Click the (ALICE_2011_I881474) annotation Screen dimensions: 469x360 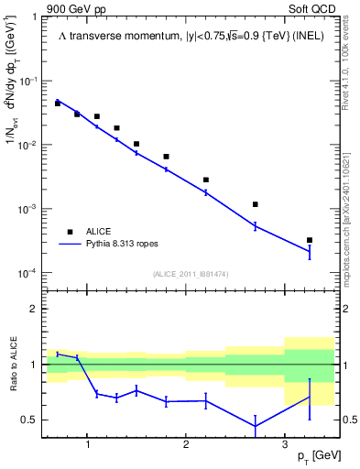click(190, 274)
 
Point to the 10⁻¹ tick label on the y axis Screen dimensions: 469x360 click(31, 82)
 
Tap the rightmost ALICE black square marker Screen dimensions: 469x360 click(310, 240)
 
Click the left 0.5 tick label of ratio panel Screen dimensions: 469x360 click(30, 420)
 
